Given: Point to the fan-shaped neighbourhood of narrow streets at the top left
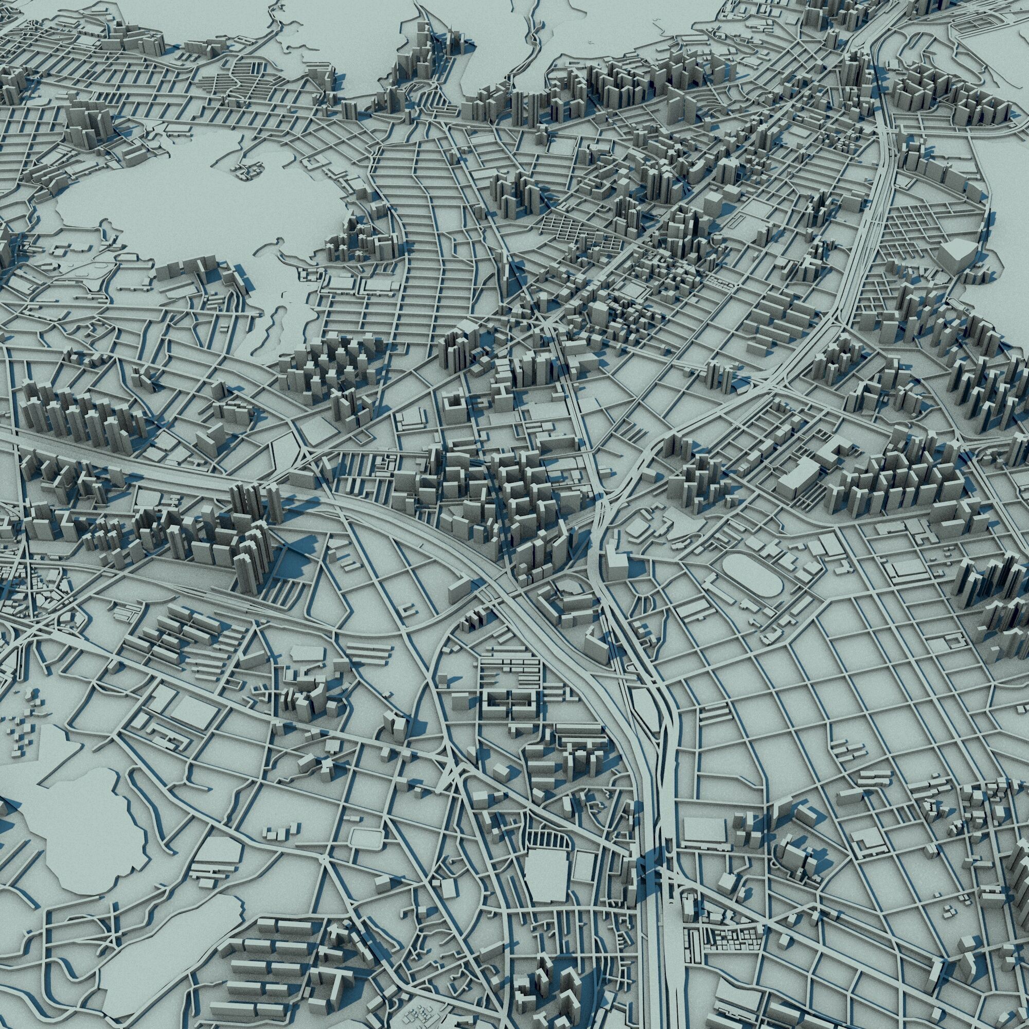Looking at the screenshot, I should coord(234,85).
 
